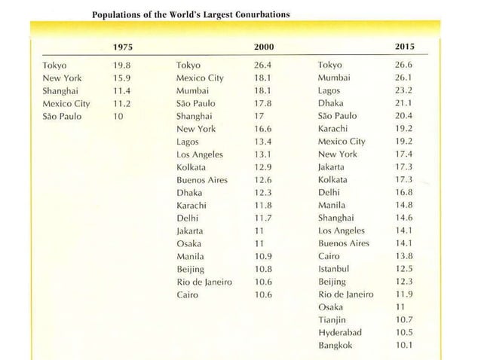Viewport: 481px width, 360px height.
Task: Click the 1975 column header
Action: [x=121, y=47]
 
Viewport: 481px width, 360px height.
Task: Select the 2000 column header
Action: [x=263, y=47]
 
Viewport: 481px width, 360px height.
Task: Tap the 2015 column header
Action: [x=405, y=47]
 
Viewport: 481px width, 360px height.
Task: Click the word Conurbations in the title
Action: [x=253, y=14]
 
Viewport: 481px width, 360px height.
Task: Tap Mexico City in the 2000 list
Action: [x=199, y=78]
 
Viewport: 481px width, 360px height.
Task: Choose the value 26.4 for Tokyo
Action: [x=262, y=65]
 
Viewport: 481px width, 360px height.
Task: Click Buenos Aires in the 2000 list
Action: [x=201, y=180]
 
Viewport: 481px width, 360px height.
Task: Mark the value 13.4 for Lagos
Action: [x=262, y=142]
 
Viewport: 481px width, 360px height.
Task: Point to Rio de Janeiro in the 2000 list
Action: [x=204, y=282]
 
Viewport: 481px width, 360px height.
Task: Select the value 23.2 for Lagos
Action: [x=405, y=90]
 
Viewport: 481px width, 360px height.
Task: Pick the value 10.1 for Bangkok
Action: [x=405, y=346]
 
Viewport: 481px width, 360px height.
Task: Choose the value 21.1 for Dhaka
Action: [x=405, y=103]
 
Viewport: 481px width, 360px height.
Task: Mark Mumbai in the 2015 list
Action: [x=335, y=78]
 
